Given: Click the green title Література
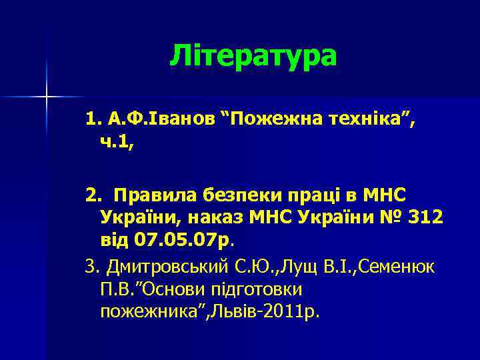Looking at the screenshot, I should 253,56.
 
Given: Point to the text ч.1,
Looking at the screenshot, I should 117,143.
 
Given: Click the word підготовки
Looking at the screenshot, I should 256,290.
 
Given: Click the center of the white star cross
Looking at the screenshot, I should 47,97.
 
